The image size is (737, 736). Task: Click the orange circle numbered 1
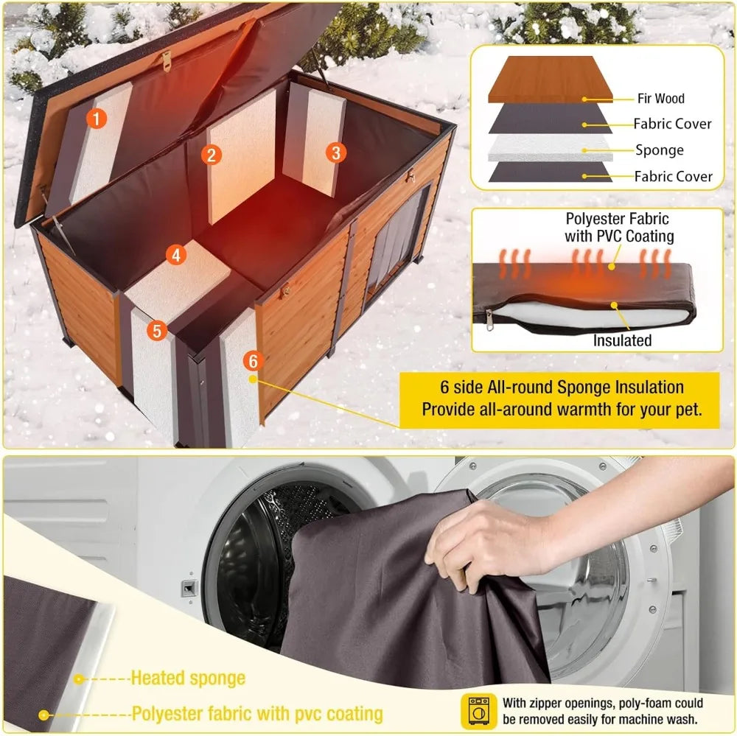point(97,118)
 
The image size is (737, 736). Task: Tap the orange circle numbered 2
point(212,154)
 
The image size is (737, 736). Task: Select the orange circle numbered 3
point(335,153)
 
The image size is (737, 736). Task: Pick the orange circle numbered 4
point(175,256)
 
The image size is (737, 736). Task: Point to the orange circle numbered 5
point(156,331)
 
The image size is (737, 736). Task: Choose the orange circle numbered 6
point(253,361)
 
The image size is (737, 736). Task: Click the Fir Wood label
point(660,98)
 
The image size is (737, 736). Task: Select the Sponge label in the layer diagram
point(660,150)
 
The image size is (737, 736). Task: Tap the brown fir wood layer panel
point(551,80)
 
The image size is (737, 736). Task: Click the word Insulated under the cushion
point(622,340)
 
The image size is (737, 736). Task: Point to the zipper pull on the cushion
point(488,320)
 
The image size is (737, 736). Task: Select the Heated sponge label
point(188,678)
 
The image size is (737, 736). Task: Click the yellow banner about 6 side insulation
point(560,398)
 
